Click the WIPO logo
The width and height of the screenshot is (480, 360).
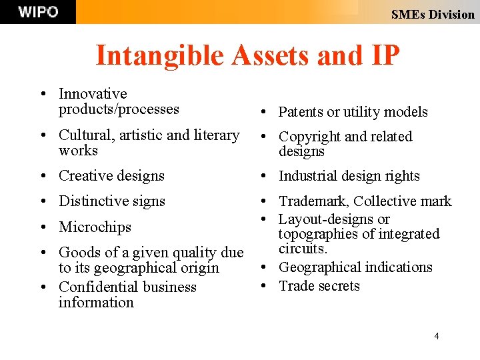click(37, 12)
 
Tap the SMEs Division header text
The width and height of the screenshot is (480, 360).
click(433, 14)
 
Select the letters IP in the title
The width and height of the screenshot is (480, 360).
click(383, 55)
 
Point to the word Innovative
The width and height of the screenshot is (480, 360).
click(93, 94)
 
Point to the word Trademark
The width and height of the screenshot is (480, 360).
click(313, 201)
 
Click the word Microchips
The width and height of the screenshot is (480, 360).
click(95, 227)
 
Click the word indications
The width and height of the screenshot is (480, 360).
click(397, 267)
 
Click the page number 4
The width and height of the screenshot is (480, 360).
click(437, 336)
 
